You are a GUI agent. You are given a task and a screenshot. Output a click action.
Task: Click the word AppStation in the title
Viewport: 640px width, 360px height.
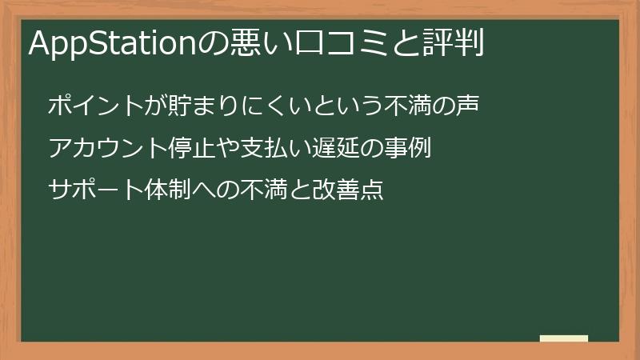(112, 43)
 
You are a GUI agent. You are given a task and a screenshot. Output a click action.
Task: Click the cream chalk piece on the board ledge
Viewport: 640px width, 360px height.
(564, 338)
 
